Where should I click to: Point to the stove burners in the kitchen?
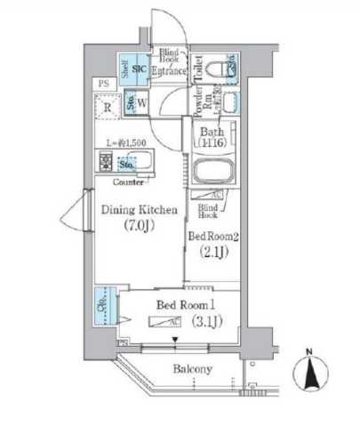pos(106,164)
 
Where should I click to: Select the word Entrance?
pos(169,71)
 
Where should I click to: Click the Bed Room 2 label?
pos(212,236)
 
